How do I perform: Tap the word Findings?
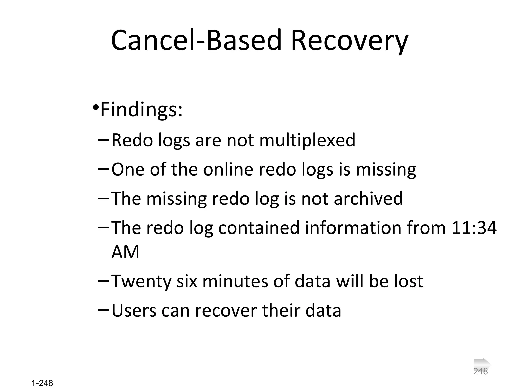(141, 110)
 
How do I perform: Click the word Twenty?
(141, 281)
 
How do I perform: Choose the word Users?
(134, 310)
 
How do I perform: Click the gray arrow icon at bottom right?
(482, 364)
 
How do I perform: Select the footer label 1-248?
(42, 383)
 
